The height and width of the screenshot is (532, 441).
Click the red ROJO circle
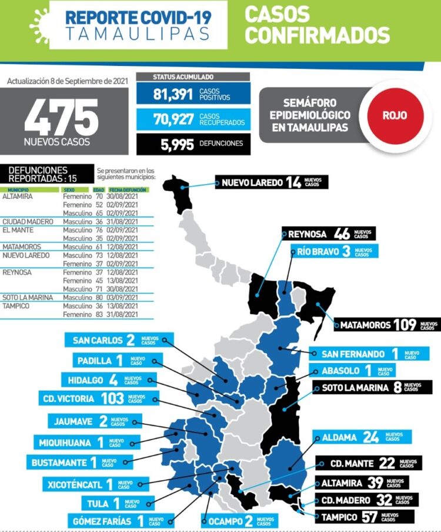(395, 115)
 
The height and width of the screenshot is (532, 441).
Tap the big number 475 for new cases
(61, 117)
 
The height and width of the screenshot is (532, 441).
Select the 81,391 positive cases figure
(173, 94)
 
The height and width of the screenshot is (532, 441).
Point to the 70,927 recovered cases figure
(173, 119)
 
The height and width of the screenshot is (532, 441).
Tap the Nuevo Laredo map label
(271, 182)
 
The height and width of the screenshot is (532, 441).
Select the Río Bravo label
(335, 252)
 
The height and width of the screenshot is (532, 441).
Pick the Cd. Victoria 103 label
(94, 398)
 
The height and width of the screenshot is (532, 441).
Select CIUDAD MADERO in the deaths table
(28, 221)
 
